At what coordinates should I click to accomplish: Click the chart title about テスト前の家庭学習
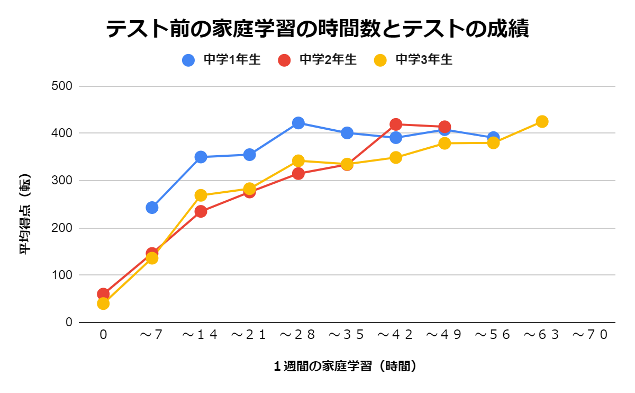(x=317, y=29)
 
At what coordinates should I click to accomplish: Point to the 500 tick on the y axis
(x=62, y=86)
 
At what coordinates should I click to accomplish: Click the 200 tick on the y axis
(x=62, y=228)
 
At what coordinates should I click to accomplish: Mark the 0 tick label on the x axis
(x=103, y=335)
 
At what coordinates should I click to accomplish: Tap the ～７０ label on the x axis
(x=591, y=335)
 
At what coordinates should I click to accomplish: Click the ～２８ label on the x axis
(x=298, y=335)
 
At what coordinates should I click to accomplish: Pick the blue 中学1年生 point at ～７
(x=152, y=207)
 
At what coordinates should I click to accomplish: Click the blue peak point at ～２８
(x=298, y=123)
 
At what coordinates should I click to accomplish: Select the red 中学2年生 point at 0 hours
(x=103, y=293)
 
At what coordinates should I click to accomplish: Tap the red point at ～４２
(x=396, y=124)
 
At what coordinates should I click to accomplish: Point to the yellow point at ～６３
(x=542, y=121)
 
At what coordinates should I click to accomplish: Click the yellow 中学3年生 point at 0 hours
(x=103, y=304)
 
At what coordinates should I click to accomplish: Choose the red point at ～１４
(x=201, y=211)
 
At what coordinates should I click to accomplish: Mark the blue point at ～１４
(x=201, y=157)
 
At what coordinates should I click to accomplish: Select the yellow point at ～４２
(x=396, y=157)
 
